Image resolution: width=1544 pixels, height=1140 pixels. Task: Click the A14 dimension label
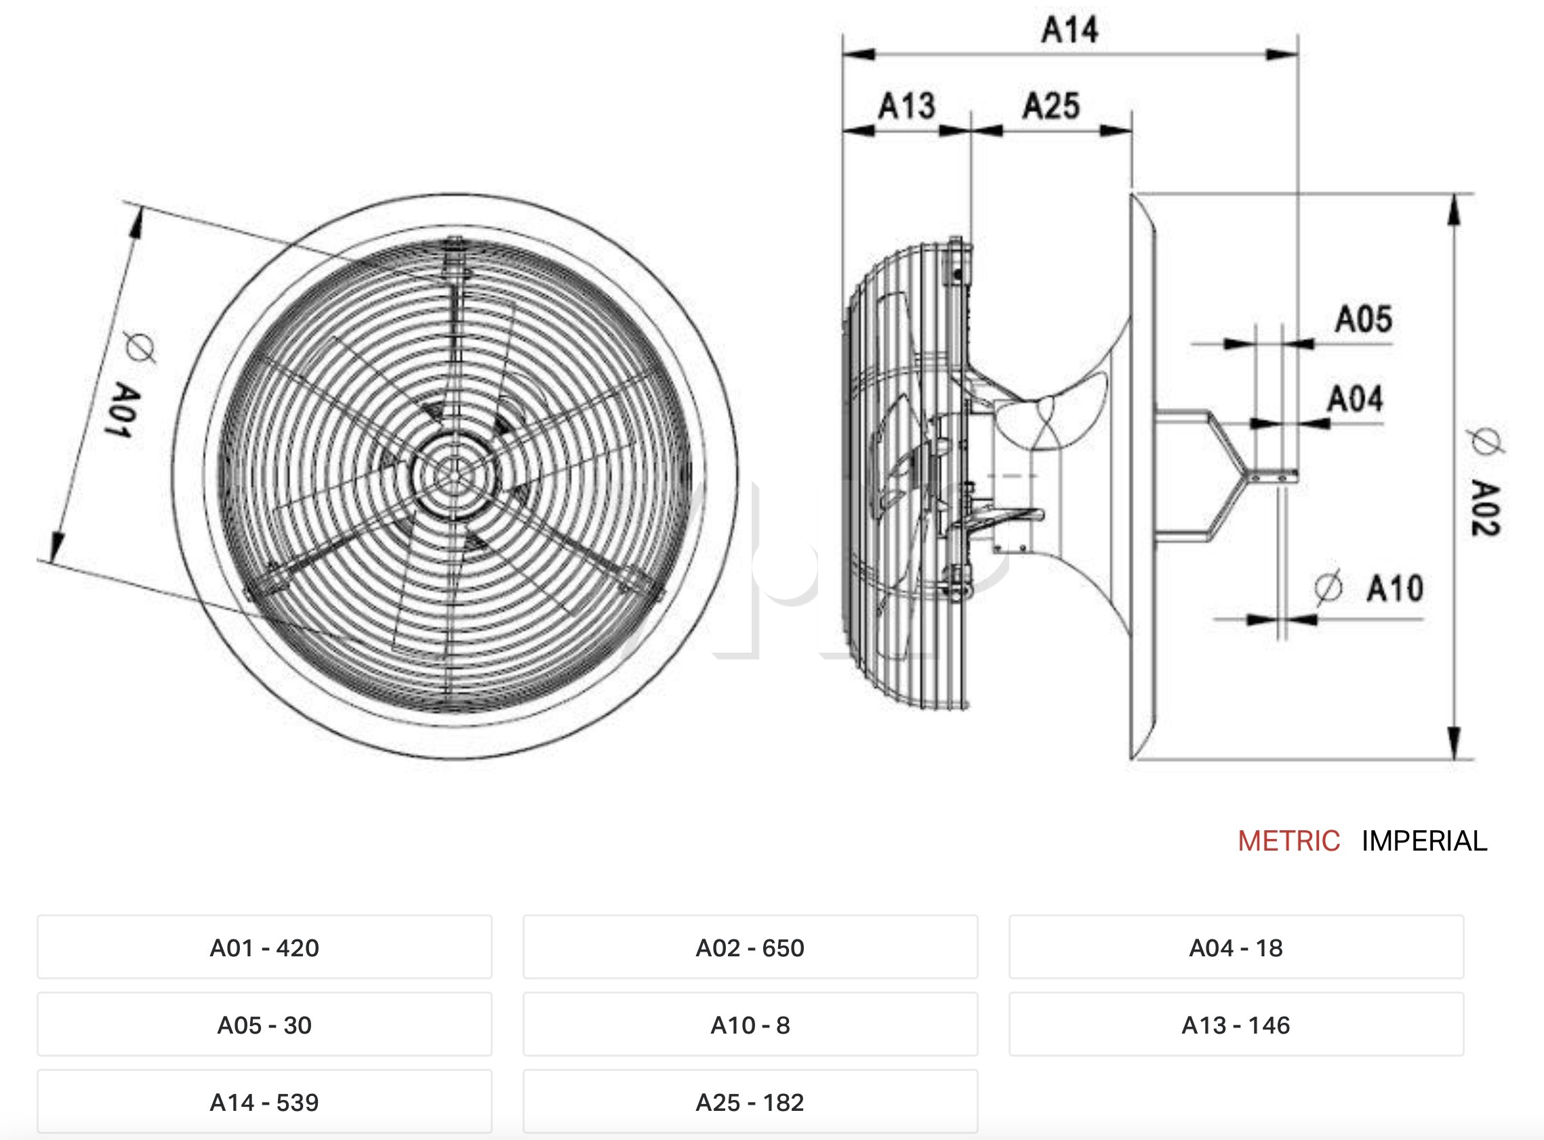[1070, 30]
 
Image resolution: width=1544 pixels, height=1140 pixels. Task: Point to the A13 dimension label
[906, 106]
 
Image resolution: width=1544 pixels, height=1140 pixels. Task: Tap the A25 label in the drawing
[1051, 106]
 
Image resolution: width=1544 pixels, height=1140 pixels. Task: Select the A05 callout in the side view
[1363, 319]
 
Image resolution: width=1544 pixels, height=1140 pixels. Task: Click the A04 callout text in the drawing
[1355, 399]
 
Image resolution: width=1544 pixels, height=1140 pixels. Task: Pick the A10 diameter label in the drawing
[1395, 588]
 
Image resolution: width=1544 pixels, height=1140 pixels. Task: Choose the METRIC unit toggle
[1288, 841]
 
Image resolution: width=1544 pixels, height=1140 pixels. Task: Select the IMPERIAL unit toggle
[1425, 841]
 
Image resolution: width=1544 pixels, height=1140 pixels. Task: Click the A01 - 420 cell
[264, 948]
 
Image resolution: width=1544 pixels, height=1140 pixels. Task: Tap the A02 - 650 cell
[750, 948]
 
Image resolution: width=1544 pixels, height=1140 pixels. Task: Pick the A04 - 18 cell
[1236, 948]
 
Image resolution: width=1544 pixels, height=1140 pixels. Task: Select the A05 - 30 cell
[264, 1025]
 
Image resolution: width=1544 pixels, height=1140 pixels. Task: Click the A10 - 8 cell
[750, 1025]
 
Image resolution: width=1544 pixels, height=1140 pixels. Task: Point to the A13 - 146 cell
[1236, 1025]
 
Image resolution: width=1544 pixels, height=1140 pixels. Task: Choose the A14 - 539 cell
[264, 1102]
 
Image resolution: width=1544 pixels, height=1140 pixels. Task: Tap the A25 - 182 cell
[750, 1102]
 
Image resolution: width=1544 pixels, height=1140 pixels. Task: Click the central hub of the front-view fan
[452, 474]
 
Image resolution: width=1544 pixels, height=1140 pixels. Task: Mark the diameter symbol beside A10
[1328, 587]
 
